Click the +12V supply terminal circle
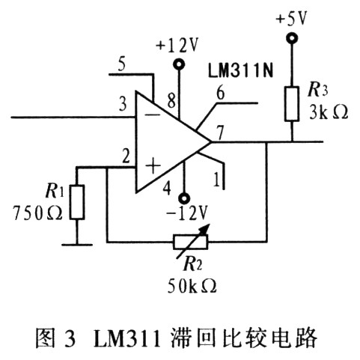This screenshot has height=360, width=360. pyautogui.click(x=179, y=64)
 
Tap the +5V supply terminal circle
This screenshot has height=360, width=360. pyautogui.click(x=292, y=38)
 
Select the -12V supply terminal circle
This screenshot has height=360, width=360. pyautogui.click(x=184, y=198)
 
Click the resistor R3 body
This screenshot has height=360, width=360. pyautogui.click(x=292, y=104)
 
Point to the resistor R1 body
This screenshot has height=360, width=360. pyautogui.click(x=77, y=202)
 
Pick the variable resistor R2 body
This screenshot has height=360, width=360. pyautogui.click(x=190, y=242)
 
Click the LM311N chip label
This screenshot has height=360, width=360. pyautogui.click(x=240, y=70)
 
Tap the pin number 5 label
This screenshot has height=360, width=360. pyautogui.click(x=121, y=64)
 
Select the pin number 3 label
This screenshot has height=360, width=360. pyautogui.click(x=123, y=104)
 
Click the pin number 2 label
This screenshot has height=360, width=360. pyautogui.click(x=126, y=156)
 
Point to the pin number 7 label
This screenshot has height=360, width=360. pyautogui.click(x=220, y=133)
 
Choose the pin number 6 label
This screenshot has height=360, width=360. pyautogui.click(x=220, y=94)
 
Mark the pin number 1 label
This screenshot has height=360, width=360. pyautogui.click(x=216, y=179)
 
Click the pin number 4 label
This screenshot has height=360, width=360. pyautogui.click(x=167, y=188)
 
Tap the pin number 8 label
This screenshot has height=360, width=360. pyautogui.click(x=171, y=101)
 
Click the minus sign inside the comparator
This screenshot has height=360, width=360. pyautogui.click(x=153, y=115)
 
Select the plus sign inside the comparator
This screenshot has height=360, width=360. pyautogui.click(x=153, y=165)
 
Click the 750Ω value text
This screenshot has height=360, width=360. pyautogui.click(x=37, y=213)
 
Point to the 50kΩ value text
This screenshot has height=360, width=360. pyautogui.click(x=192, y=286)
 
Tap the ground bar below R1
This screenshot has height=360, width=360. pyautogui.click(x=77, y=245)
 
